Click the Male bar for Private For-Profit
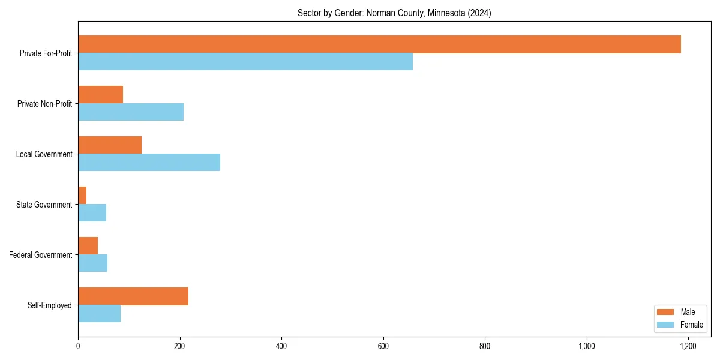click(379, 44)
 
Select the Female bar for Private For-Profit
click(245, 62)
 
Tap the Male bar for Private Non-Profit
click(100, 95)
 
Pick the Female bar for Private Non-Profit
click(131, 112)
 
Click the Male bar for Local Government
click(110, 145)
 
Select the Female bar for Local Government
click(149, 163)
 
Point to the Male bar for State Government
click(82, 196)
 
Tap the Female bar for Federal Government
click(92, 263)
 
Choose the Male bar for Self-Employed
click(133, 296)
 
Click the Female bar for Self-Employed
click(99, 314)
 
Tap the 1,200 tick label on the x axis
click(688, 346)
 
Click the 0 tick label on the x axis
click(78, 346)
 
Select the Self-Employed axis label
click(50, 305)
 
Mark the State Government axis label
click(44, 205)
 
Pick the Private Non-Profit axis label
click(45, 104)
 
